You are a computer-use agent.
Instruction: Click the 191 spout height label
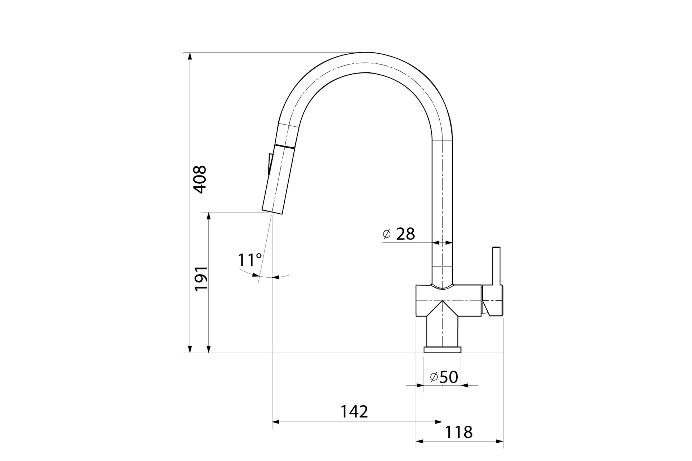[x=201, y=278]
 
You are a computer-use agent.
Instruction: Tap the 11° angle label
[x=250, y=260]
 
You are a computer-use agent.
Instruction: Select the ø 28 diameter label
[x=399, y=234]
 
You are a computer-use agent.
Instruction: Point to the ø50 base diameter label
[x=444, y=377]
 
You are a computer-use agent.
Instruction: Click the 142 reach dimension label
[x=354, y=412]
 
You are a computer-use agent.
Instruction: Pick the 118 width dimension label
[x=458, y=432]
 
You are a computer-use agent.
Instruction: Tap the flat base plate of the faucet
[x=443, y=350]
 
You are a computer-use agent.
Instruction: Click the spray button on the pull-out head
[x=270, y=164]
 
